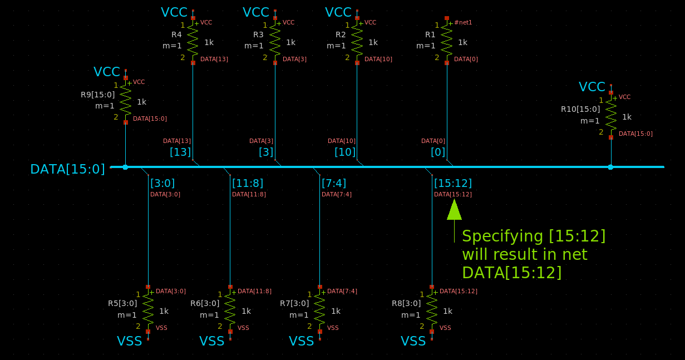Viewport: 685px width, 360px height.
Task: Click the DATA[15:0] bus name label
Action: (67, 169)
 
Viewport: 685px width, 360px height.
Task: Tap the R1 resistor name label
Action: (430, 34)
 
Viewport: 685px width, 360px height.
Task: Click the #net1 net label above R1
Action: (463, 22)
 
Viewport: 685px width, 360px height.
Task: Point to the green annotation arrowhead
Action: (454, 210)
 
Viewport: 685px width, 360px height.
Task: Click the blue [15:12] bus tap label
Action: (452, 183)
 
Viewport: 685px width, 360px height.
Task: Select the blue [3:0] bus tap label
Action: (162, 183)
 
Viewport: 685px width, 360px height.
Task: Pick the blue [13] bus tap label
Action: (180, 152)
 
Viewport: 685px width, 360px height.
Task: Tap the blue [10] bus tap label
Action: (345, 152)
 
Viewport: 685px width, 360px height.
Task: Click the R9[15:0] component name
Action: (97, 95)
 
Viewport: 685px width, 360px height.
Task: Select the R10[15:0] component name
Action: (580, 109)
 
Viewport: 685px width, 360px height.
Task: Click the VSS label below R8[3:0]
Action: (413, 341)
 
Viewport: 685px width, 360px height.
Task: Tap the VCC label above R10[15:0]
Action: (592, 87)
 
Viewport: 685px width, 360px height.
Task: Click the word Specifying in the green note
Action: (503, 236)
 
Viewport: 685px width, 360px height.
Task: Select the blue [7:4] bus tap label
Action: (334, 183)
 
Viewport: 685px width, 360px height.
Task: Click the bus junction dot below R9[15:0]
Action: (125, 167)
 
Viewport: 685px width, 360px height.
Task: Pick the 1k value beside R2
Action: (373, 42)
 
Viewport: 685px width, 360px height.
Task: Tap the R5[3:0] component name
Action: (122, 303)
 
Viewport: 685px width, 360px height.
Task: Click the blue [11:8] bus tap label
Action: (248, 183)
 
